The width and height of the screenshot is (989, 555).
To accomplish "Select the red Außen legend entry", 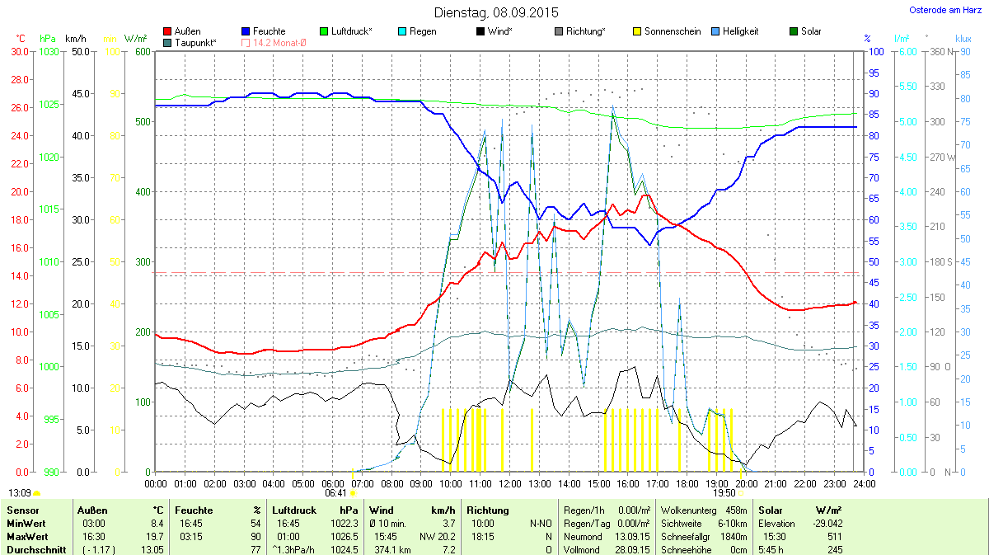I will click(182, 31).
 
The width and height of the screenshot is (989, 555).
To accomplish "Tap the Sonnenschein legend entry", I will click(668, 31).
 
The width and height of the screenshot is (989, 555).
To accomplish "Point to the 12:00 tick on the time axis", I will click(509, 483).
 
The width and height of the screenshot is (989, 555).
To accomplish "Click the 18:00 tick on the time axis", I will click(687, 483).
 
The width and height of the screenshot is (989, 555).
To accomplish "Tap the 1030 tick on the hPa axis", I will click(49, 51).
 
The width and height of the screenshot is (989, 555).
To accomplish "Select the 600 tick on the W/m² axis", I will click(143, 51).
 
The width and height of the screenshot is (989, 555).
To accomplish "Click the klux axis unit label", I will click(963, 39).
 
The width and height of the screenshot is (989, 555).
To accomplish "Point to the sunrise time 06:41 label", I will click(335, 492).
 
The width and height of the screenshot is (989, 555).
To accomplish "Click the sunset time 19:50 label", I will click(724, 492).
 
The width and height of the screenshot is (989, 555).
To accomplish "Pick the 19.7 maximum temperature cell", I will click(156, 536).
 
